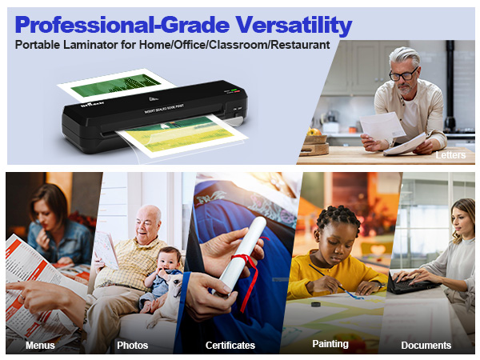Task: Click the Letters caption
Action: click(x=450, y=154)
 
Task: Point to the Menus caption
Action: click(x=40, y=346)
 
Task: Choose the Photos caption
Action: click(x=132, y=346)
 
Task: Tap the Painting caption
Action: click(x=330, y=344)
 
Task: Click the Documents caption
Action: click(x=426, y=346)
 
